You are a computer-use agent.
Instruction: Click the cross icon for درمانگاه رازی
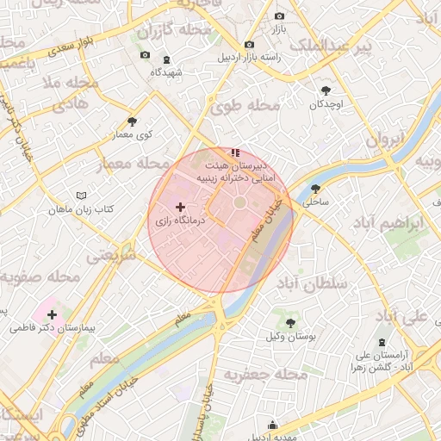click(x=180, y=207)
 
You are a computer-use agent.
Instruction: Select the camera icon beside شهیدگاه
click(x=145, y=56)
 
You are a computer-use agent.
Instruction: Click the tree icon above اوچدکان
click(x=326, y=90)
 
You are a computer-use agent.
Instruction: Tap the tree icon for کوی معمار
click(x=132, y=121)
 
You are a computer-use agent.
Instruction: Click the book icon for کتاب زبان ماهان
click(x=82, y=196)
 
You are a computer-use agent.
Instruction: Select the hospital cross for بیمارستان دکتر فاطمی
click(x=53, y=315)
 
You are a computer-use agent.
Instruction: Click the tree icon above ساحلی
click(x=315, y=188)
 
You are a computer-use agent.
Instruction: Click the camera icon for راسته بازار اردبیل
click(x=250, y=45)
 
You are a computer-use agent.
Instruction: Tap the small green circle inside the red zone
click(x=239, y=202)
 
